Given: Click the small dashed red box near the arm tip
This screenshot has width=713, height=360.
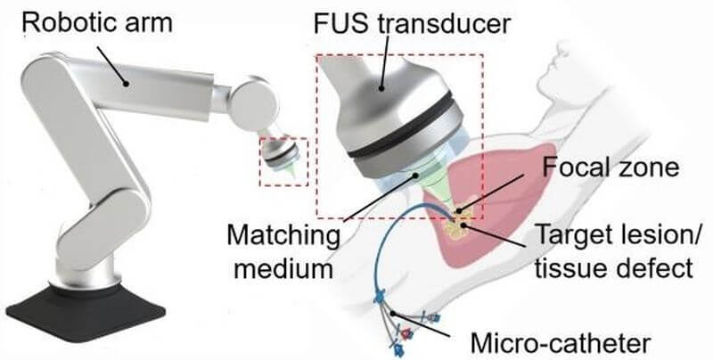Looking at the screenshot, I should pyautogui.click(x=283, y=161).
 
